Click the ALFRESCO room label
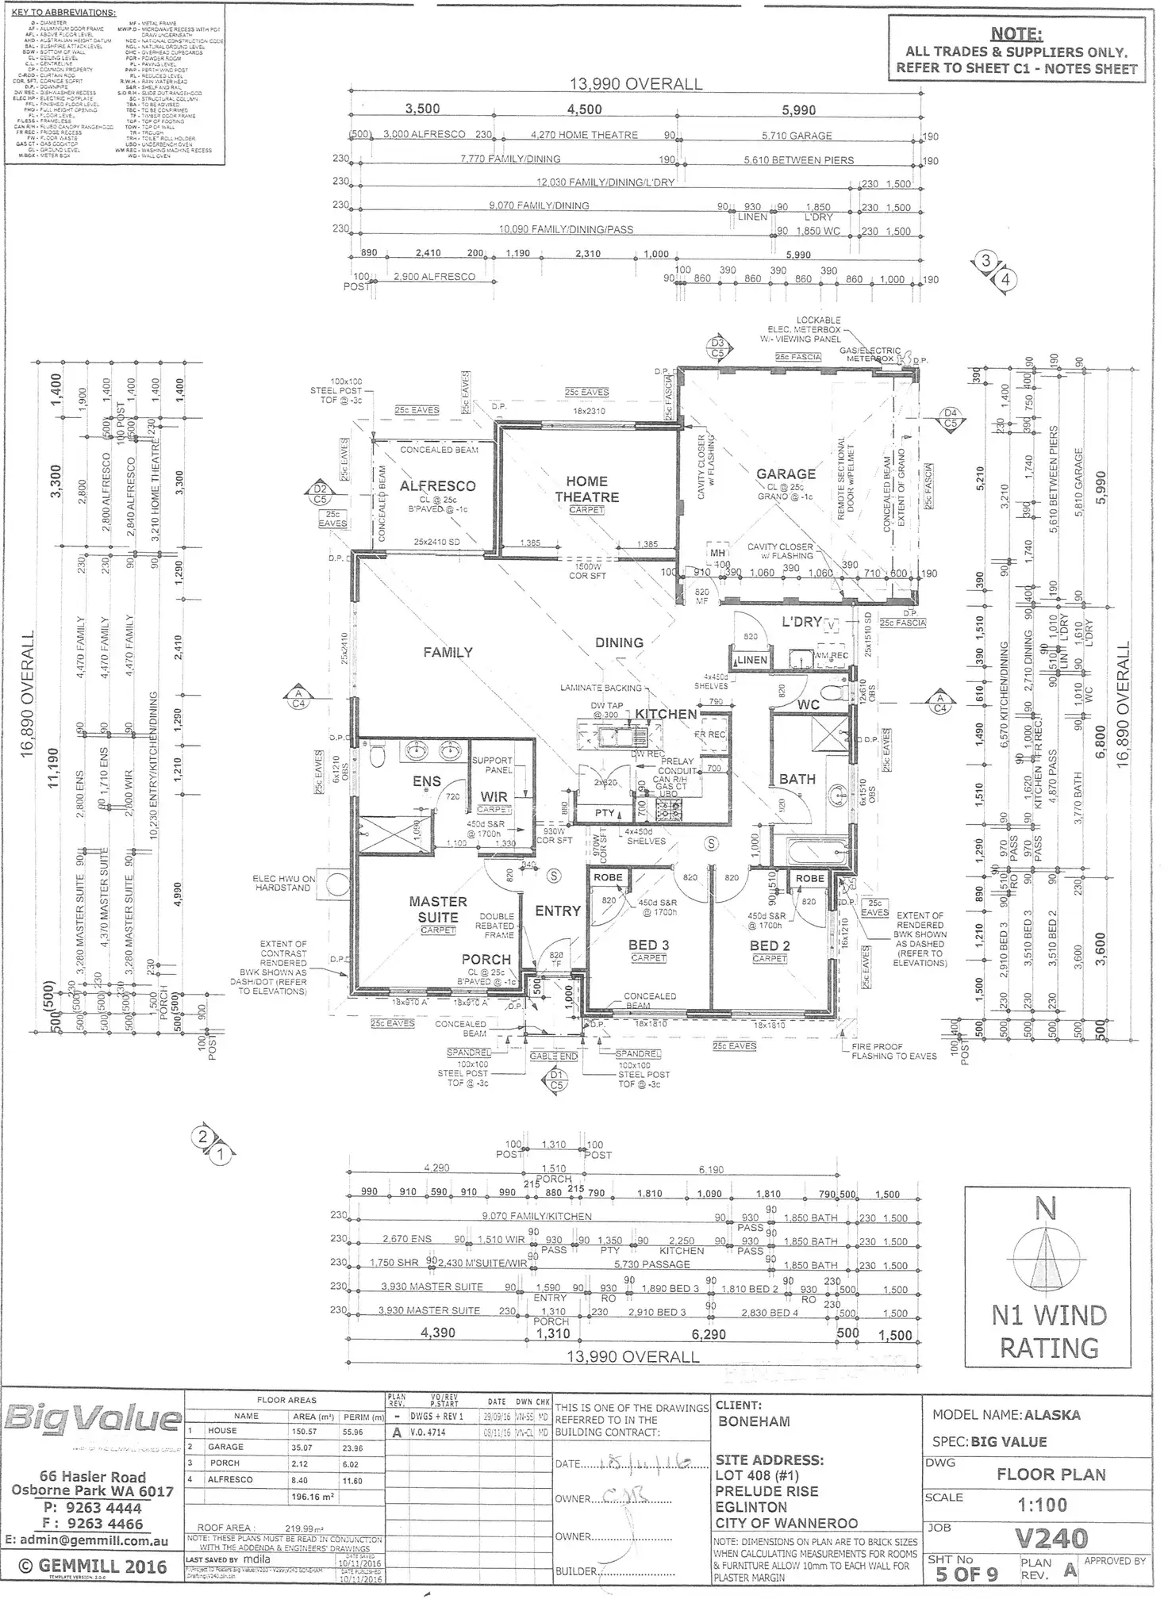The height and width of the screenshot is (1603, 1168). tap(437, 486)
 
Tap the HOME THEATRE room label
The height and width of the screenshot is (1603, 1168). tap(586, 489)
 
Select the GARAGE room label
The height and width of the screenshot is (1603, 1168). tap(786, 474)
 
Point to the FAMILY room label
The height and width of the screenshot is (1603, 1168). tap(448, 652)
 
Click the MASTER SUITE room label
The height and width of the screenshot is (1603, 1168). tap(438, 909)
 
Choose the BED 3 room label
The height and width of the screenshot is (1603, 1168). tap(648, 945)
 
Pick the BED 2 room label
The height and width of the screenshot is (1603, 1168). tap(770, 945)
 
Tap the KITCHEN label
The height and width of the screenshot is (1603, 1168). tap(666, 714)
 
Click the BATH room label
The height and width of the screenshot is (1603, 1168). tap(797, 779)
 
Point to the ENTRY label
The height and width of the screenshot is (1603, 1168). tap(558, 911)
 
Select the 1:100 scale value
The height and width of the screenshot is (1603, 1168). tap(1041, 1505)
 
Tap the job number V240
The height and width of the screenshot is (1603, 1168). tap(1051, 1540)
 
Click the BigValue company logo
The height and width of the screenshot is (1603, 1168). tap(92, 1418)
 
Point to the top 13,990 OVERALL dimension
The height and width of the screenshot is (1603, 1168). tap(636, 84)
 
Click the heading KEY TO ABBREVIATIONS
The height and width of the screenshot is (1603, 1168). tap(63, 13)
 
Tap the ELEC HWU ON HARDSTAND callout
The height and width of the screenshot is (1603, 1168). tap(284, 884)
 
